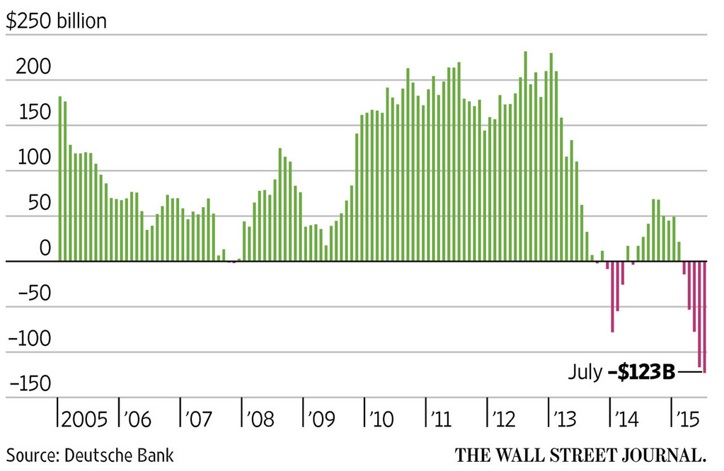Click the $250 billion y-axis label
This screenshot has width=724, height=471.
(56, 21)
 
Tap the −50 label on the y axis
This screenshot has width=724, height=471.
(31, 293)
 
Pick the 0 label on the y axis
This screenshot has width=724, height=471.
(45, 248)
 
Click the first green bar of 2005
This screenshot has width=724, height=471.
(60, 179)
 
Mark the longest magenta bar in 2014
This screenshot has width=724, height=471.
(613, 296)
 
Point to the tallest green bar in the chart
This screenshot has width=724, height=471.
(525, 156)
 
